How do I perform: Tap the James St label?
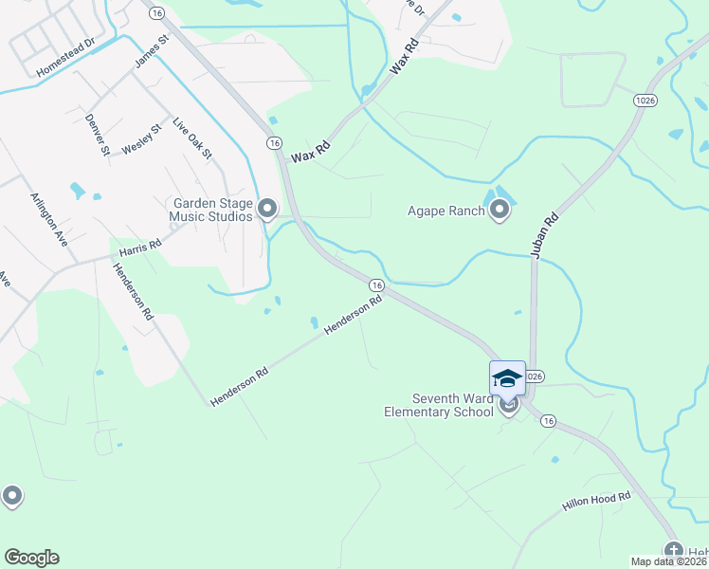(151, 51)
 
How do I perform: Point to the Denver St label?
(98, 135)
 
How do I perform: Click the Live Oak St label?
(192, 138)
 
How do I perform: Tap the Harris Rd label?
(140, 248)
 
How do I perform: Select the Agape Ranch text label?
(446, 211)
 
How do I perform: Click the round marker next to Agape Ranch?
(500, 210)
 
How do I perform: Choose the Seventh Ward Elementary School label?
(439, 405)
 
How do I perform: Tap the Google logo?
(31, 558)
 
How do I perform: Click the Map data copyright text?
(669, 561)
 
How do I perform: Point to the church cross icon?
(674, 551)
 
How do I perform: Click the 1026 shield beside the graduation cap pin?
(535, 376)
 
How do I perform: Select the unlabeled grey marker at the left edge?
(11, 495)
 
